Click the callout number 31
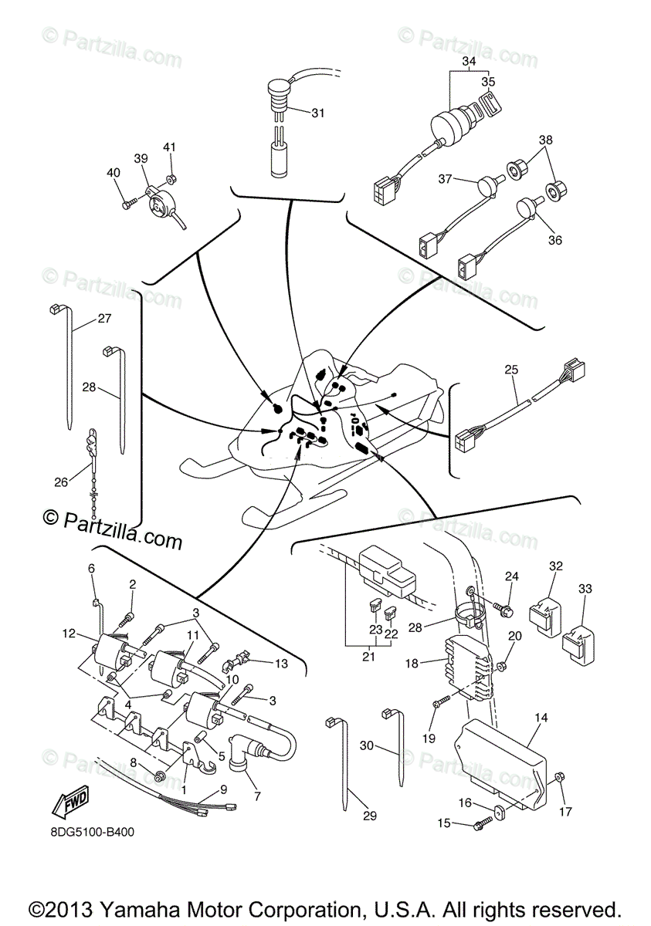click(x=318, y=113)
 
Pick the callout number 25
click(x=510, y=370)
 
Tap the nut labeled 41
click(x=171, y=180)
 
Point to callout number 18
click(x=412, y=663)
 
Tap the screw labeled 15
click(x=480, y=825)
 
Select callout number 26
click(x=61, y=482)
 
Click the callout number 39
click(x=141, y=157)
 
